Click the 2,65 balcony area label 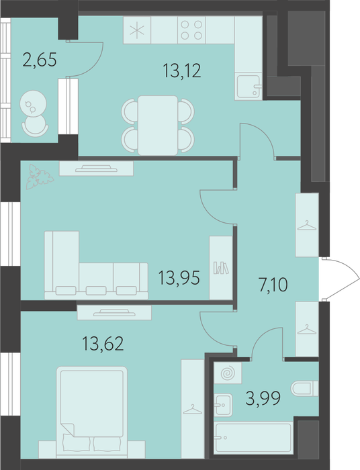click(40, 60)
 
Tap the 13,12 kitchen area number click(182, 71)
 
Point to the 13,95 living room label click(179, 278)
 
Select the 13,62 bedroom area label click(103, 344)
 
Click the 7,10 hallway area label click(273, 285)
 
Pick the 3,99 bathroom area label click(263, 397)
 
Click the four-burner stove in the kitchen click(191, 30)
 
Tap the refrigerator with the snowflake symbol click(137, 30)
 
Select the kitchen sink click(249, 87)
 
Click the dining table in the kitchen click(158, 126)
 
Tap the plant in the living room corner click(39, 177)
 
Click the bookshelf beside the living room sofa click(221, 268)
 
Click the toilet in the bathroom click(304, 389)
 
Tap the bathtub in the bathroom click(254, 438)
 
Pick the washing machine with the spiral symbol click(228, 373)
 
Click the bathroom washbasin click(223, 406)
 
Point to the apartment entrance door click(342, 279)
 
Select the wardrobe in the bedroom click(193, 409)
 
